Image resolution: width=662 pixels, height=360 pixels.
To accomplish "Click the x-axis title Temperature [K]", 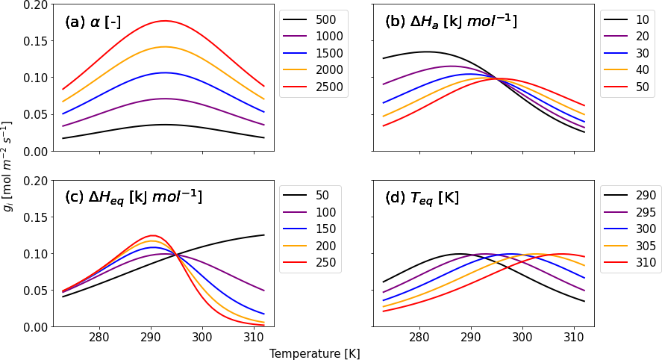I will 315,353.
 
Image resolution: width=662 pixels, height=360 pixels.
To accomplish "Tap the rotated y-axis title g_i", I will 8,165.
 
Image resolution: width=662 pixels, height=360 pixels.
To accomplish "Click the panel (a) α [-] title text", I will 93,22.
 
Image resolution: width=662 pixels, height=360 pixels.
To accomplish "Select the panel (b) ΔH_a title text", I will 450,21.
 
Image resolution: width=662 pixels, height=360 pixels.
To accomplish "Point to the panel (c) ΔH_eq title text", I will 134,197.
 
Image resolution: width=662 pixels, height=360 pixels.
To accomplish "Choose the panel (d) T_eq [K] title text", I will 422,198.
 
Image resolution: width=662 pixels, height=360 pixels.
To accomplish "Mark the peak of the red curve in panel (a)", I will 164,21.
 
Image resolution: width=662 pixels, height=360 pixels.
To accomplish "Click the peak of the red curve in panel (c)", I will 152,235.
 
